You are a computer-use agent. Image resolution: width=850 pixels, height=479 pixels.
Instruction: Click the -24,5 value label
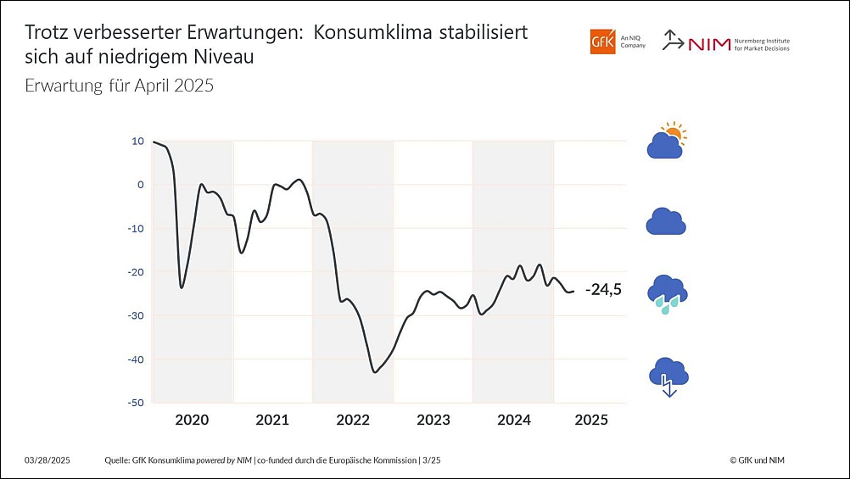click(603, 290)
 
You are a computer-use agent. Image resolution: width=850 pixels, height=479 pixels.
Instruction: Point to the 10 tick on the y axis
click(137, 142)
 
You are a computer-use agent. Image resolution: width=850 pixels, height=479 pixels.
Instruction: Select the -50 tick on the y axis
click(136, 403)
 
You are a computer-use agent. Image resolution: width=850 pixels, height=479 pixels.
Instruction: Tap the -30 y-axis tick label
click(136, 315)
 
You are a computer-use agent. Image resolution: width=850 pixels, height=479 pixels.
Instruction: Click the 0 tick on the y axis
click(140, 185)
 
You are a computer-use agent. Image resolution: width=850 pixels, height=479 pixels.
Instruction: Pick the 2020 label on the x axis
click(192, 420)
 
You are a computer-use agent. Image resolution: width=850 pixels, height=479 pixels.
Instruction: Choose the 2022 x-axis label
click(353, 420)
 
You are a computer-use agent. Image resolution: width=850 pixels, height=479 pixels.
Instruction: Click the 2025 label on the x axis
click(591, 420)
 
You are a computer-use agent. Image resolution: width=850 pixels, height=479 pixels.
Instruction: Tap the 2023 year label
click(433, 420)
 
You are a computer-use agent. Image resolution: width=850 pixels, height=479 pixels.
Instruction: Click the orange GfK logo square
click(602, 42)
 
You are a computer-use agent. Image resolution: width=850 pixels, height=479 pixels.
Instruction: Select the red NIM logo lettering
click(709, 44)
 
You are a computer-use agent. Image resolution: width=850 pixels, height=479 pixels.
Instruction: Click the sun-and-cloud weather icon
click(667, 142)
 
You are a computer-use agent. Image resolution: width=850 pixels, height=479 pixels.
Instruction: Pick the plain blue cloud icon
click(666, 221)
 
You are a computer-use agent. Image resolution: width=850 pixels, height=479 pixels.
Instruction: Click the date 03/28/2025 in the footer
click(48, 460)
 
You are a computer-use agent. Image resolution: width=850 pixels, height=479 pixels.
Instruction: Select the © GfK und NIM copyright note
click(763, 460)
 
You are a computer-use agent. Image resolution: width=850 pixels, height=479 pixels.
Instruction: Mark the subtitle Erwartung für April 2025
click(119, 86)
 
